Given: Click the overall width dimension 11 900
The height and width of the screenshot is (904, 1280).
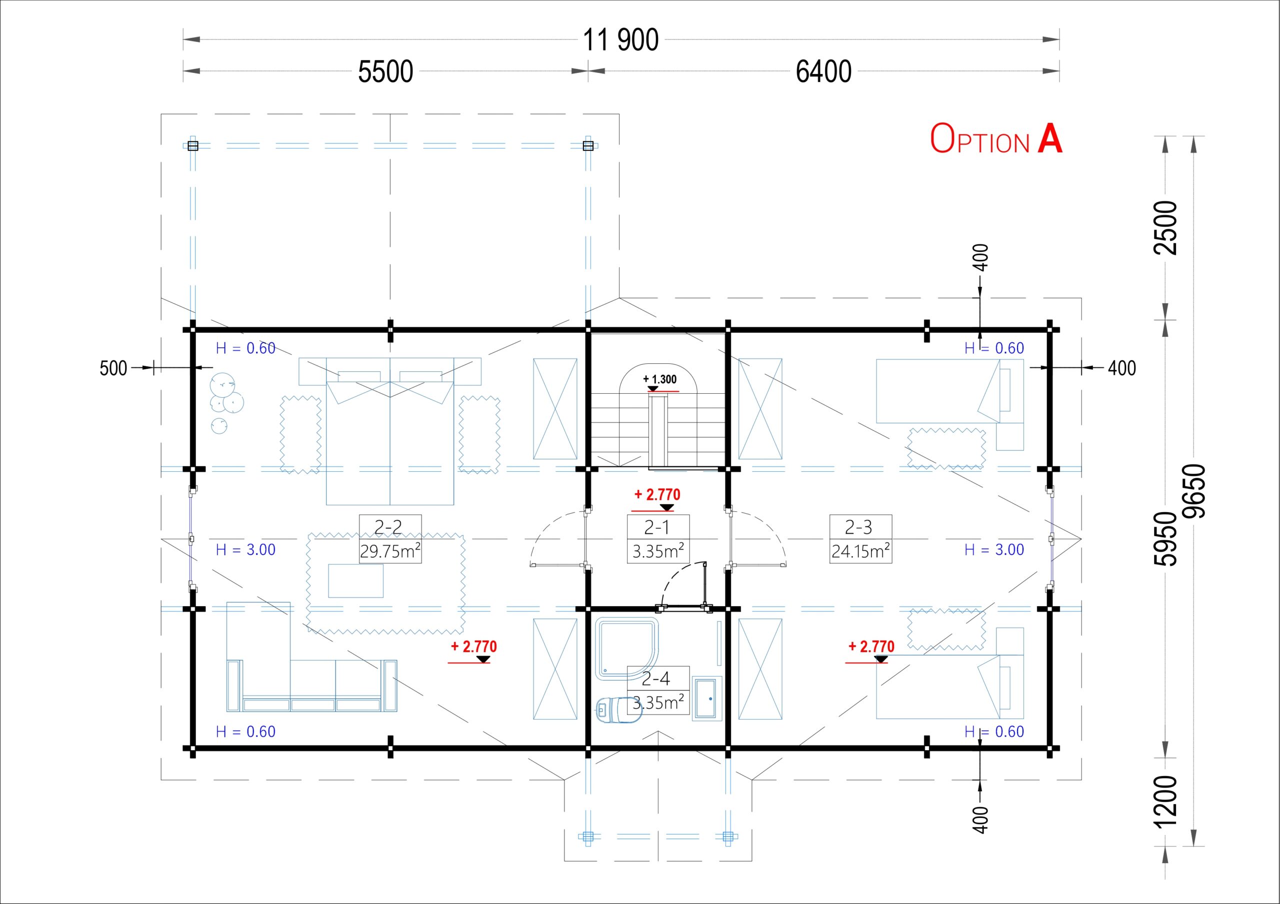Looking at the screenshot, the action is click(620, 40).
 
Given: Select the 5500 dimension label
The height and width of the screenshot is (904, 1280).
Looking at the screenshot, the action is click(385, 72).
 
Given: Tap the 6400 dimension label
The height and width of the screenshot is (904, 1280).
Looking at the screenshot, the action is click(823, 72).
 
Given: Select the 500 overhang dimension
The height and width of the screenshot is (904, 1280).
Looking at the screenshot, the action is click(113, 368).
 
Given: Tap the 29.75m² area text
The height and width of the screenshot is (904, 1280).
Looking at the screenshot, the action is click(389, 551).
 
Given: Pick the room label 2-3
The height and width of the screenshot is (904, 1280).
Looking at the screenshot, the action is click(858, 527).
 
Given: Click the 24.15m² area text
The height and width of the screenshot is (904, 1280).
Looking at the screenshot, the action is click(860, 551).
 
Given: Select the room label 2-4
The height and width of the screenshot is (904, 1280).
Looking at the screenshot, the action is click(655, 678).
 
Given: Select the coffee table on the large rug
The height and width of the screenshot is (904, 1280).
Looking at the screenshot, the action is click(355, 581).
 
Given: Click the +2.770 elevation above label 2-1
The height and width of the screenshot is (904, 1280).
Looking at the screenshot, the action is click(657, 494).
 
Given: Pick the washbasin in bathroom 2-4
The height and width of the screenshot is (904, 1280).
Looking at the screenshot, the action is click(707, 698).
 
